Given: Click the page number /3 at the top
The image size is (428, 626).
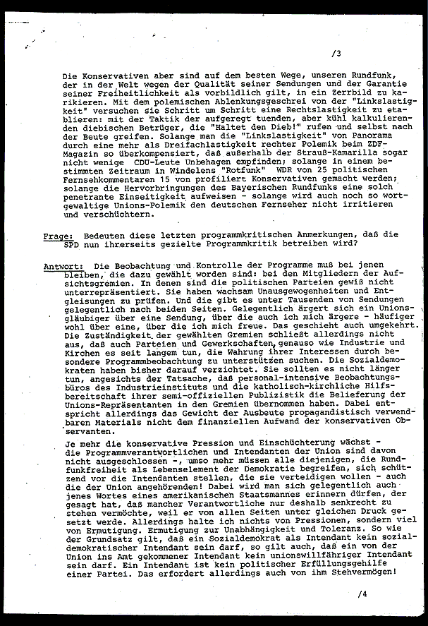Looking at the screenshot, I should [x=336, y=53].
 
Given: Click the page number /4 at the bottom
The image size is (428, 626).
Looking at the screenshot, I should [x=362, y=594].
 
